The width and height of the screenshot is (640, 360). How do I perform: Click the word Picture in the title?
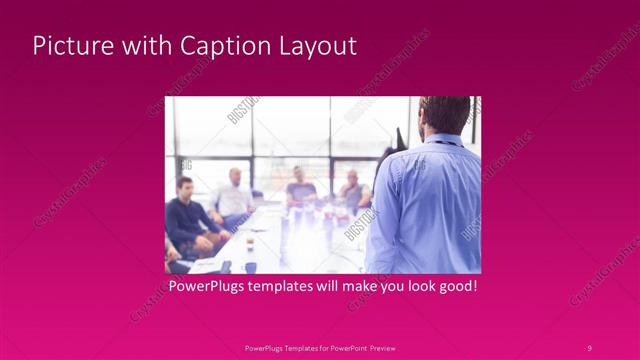click(69, 46)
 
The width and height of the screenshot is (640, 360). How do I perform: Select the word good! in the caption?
click(455, 287)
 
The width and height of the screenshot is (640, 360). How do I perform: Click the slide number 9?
click(590, 347)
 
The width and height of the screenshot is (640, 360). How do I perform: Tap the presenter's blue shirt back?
click(425, 210)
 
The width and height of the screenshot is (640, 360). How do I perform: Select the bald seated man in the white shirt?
click(234, 195)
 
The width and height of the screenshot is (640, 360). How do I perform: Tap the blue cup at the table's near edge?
click(250, 266)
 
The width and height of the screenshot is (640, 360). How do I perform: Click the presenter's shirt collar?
click(446, 139)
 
